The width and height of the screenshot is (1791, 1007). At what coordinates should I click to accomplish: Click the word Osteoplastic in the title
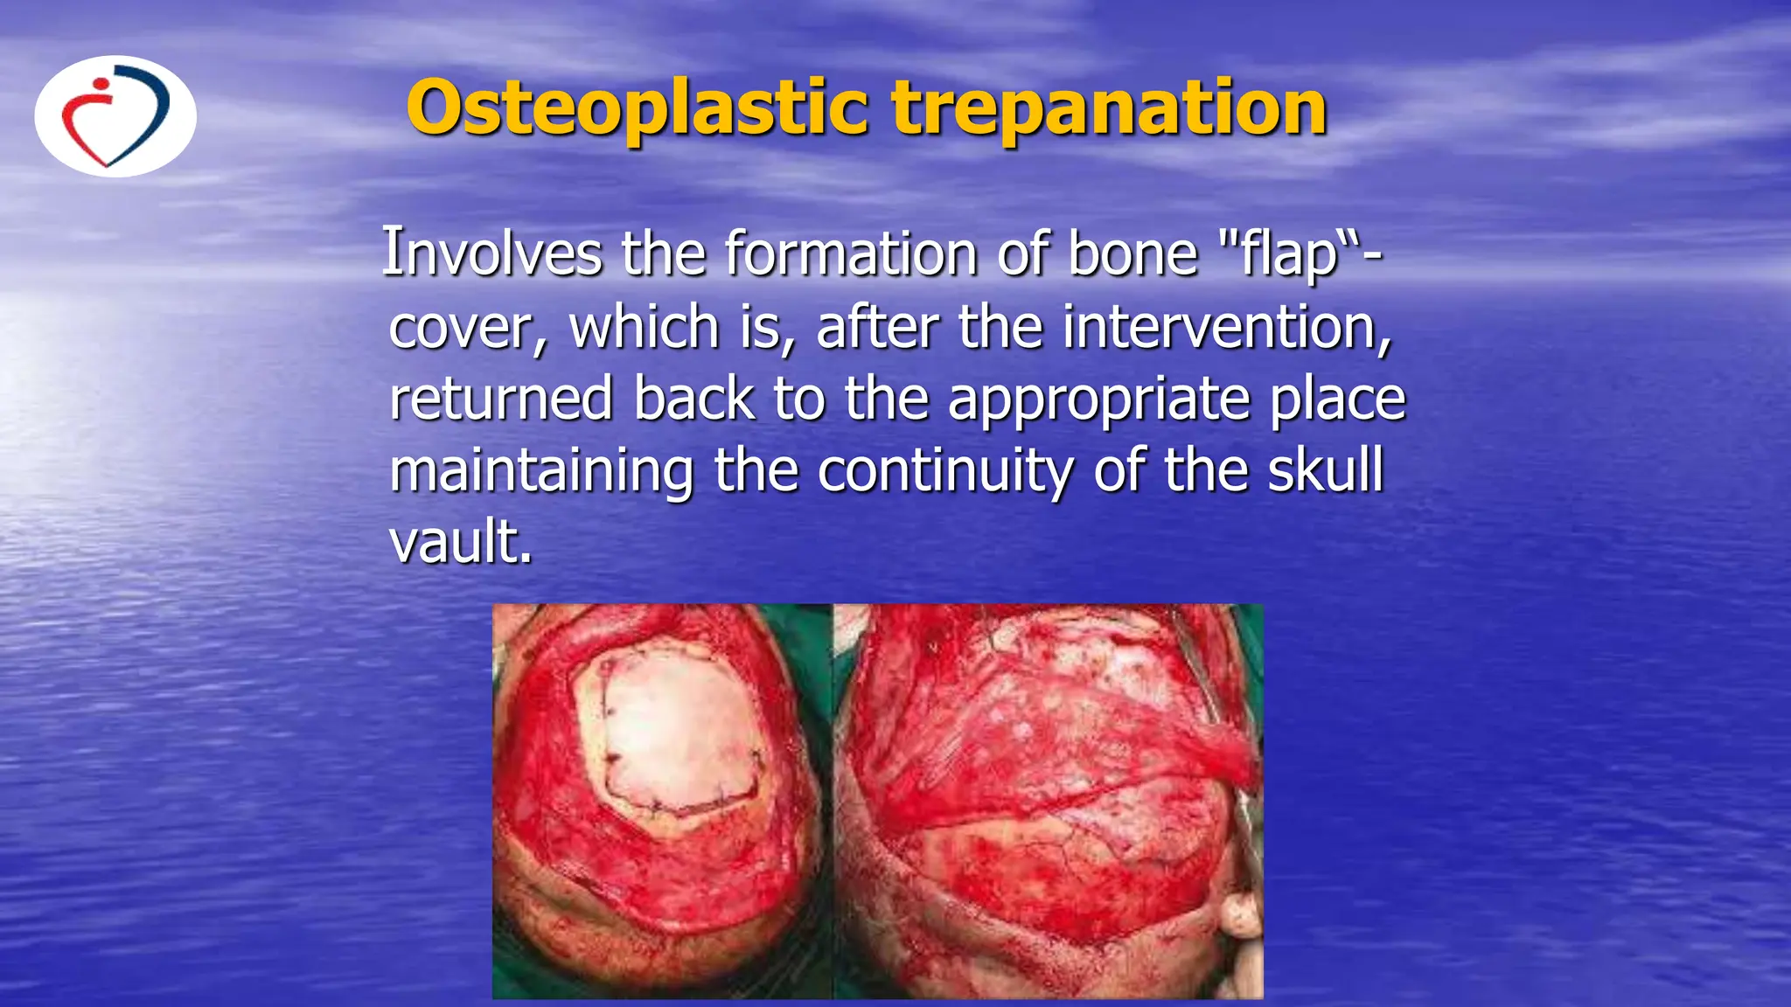coord(637,108)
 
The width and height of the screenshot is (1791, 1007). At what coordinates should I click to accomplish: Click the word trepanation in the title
coord(1109,108)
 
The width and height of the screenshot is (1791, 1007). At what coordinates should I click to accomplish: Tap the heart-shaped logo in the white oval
coord(115,116)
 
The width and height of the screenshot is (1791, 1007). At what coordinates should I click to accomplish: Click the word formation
coord(849,253)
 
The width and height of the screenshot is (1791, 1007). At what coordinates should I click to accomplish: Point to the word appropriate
coord(1098,400)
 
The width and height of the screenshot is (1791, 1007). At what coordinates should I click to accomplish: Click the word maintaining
coord(541,471)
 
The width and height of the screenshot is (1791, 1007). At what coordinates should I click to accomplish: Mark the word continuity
coord(944,471)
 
